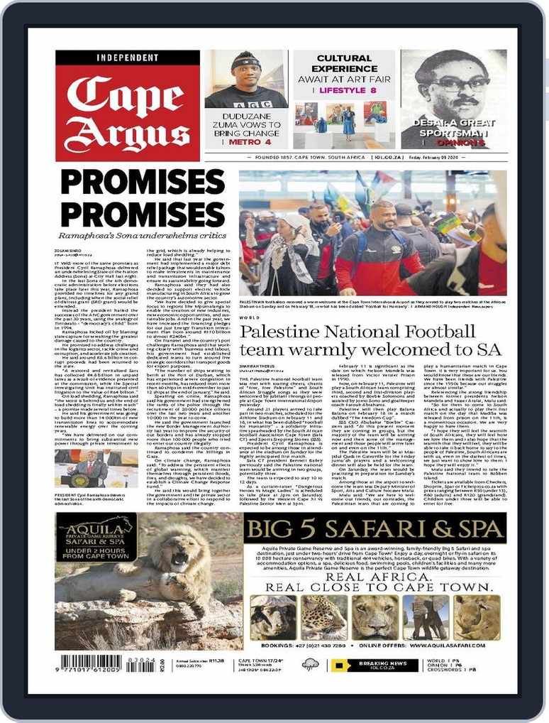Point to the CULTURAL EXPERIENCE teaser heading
(344, 63)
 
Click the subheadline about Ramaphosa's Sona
(145, 232)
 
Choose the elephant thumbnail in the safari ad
(426, 616)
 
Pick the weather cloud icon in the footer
(310, 665)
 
